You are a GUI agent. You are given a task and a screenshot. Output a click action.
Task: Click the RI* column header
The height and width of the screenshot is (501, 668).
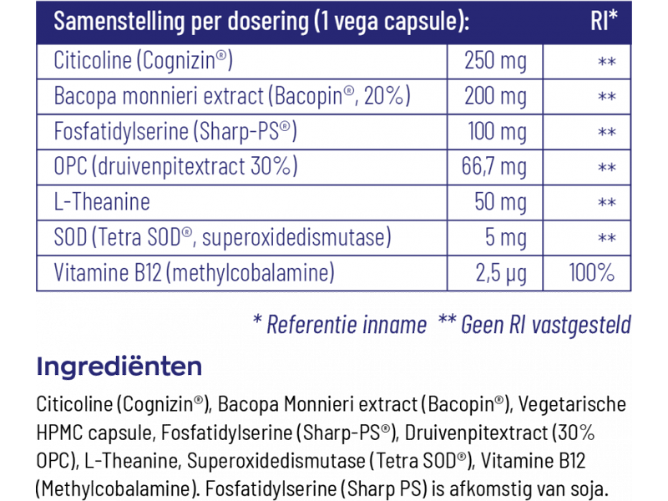(604, 21)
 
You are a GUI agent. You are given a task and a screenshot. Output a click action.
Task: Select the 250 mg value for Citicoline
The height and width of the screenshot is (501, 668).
(495, 61)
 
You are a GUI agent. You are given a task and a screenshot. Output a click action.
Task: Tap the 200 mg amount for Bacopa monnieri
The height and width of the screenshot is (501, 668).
(495, 96)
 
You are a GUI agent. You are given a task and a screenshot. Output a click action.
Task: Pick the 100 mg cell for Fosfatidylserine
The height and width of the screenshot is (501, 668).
(495, 132)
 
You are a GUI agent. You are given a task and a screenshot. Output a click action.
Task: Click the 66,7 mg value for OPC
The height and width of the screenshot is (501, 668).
(494, 167)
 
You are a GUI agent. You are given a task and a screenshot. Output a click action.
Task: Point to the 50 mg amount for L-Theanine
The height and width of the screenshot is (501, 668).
(495, 202)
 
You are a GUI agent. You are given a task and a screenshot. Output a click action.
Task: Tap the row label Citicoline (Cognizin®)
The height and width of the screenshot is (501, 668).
(142, 61)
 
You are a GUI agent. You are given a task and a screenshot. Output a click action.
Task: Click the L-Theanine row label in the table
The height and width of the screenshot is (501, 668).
(102, 202)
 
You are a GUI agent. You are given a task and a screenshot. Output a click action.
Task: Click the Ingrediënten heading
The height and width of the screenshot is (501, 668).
(119, 367)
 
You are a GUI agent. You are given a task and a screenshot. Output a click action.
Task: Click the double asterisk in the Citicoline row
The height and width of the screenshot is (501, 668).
(607, 63)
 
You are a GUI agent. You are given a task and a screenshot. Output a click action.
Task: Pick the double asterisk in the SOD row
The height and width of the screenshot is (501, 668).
(607, 240)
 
